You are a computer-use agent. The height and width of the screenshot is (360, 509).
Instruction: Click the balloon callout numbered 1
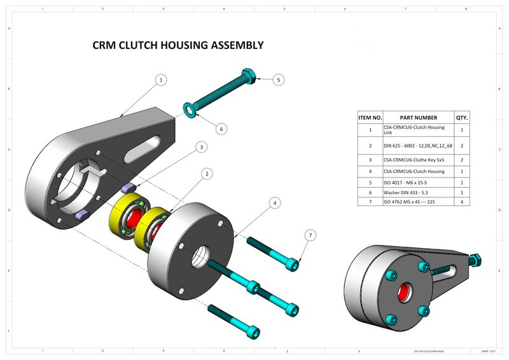161,80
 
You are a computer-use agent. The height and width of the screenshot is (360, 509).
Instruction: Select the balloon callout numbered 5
279,80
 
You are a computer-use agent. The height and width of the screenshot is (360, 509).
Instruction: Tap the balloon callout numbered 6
221,128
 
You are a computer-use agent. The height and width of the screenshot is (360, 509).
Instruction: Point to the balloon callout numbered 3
201,147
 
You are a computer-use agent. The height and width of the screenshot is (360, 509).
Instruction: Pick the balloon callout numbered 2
206,173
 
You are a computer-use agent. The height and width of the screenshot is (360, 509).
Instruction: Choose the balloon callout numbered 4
274,203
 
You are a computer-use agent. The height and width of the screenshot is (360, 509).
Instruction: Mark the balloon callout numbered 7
310,235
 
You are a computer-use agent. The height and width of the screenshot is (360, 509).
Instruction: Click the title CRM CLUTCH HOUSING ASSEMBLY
178,45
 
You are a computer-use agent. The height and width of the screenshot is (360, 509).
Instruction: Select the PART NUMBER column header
418,118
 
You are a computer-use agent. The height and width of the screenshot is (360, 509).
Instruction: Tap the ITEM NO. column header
370,118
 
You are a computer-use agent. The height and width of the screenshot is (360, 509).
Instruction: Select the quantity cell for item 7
461,202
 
